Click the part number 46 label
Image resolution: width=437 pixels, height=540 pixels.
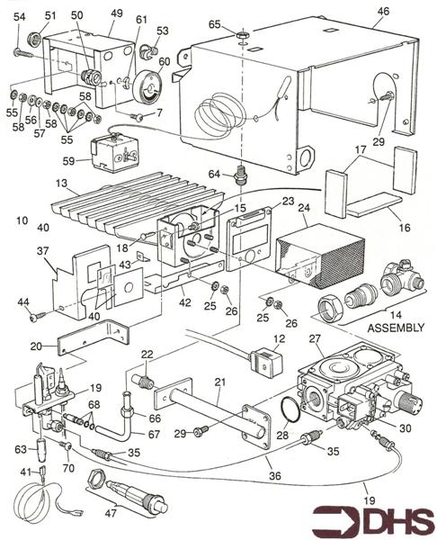(383, 11)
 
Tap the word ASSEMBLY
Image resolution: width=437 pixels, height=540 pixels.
(396, 328)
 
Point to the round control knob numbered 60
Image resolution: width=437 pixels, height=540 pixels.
(147, 87)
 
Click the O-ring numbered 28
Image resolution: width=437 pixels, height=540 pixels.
(290, 409)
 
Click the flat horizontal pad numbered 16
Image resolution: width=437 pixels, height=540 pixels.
(374, 205)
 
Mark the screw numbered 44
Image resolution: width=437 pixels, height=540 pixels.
(38, 317)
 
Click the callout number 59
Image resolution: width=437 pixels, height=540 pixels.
(68, 160)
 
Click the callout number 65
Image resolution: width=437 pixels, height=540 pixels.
(214, 24)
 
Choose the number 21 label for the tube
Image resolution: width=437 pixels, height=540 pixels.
(219, 382)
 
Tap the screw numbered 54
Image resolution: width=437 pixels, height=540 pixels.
(22, 53)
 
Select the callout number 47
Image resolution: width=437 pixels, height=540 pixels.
(111, 513)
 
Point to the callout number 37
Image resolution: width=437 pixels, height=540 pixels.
(42, 251)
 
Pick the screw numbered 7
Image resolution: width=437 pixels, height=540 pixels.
(137, 117)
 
